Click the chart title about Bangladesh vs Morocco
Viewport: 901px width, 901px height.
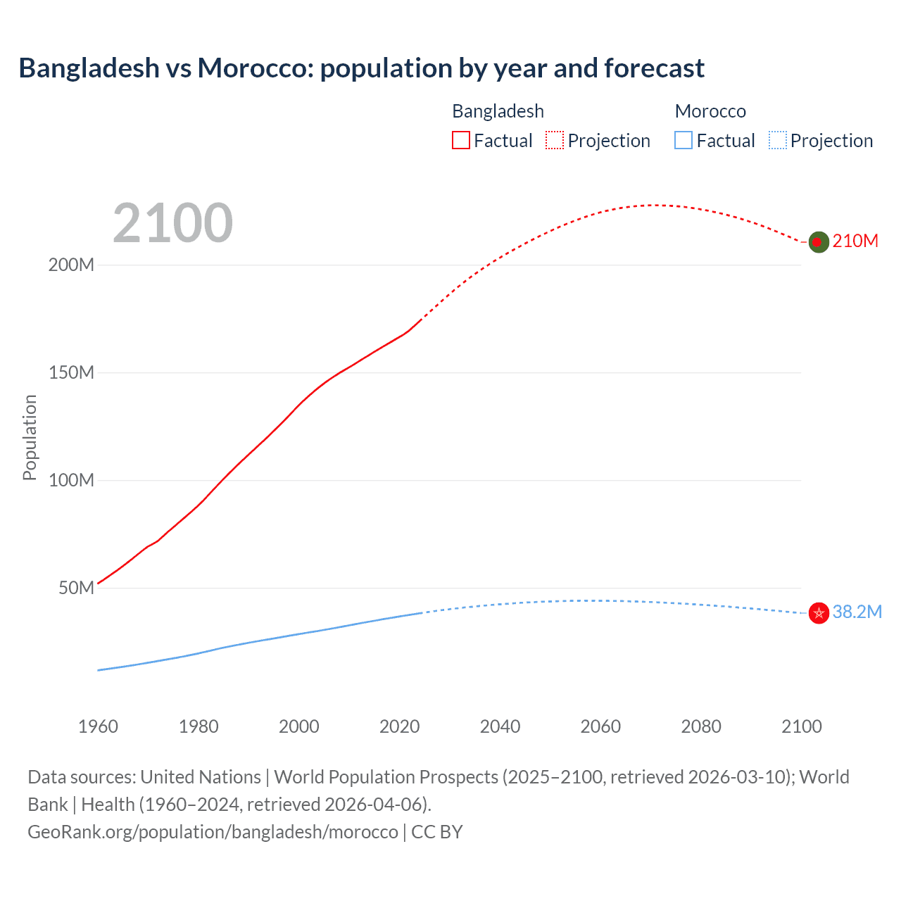coord(361,68)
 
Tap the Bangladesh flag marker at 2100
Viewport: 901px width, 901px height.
coord(818,242)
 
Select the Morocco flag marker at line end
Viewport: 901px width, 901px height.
coord(819,613)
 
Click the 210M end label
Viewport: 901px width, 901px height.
coord(855,241)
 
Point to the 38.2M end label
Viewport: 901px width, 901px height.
coord(857,612)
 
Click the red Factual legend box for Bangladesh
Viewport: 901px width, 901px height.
coord(461,141)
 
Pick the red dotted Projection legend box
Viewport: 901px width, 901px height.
coord(555,141)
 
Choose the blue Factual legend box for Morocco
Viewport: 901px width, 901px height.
coord(683,141)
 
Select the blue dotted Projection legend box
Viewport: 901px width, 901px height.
coord(777,141)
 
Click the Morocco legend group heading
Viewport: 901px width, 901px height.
coord(710,111)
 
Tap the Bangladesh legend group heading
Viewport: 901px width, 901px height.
coord(498,111)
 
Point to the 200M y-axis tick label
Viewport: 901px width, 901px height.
coord(71,265)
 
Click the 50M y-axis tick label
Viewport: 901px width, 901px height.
coord(76,588)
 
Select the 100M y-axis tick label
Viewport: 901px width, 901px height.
coord(71,481)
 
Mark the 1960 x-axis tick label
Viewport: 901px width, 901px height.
coord(98,726)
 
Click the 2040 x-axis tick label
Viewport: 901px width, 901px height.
coord(500,726)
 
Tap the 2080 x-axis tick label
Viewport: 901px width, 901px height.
coord(701,726)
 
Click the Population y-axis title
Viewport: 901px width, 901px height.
coord(30,437)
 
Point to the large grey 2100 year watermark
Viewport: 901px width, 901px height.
coord(172,223)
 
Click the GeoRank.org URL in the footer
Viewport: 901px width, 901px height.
coord(213,832)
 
